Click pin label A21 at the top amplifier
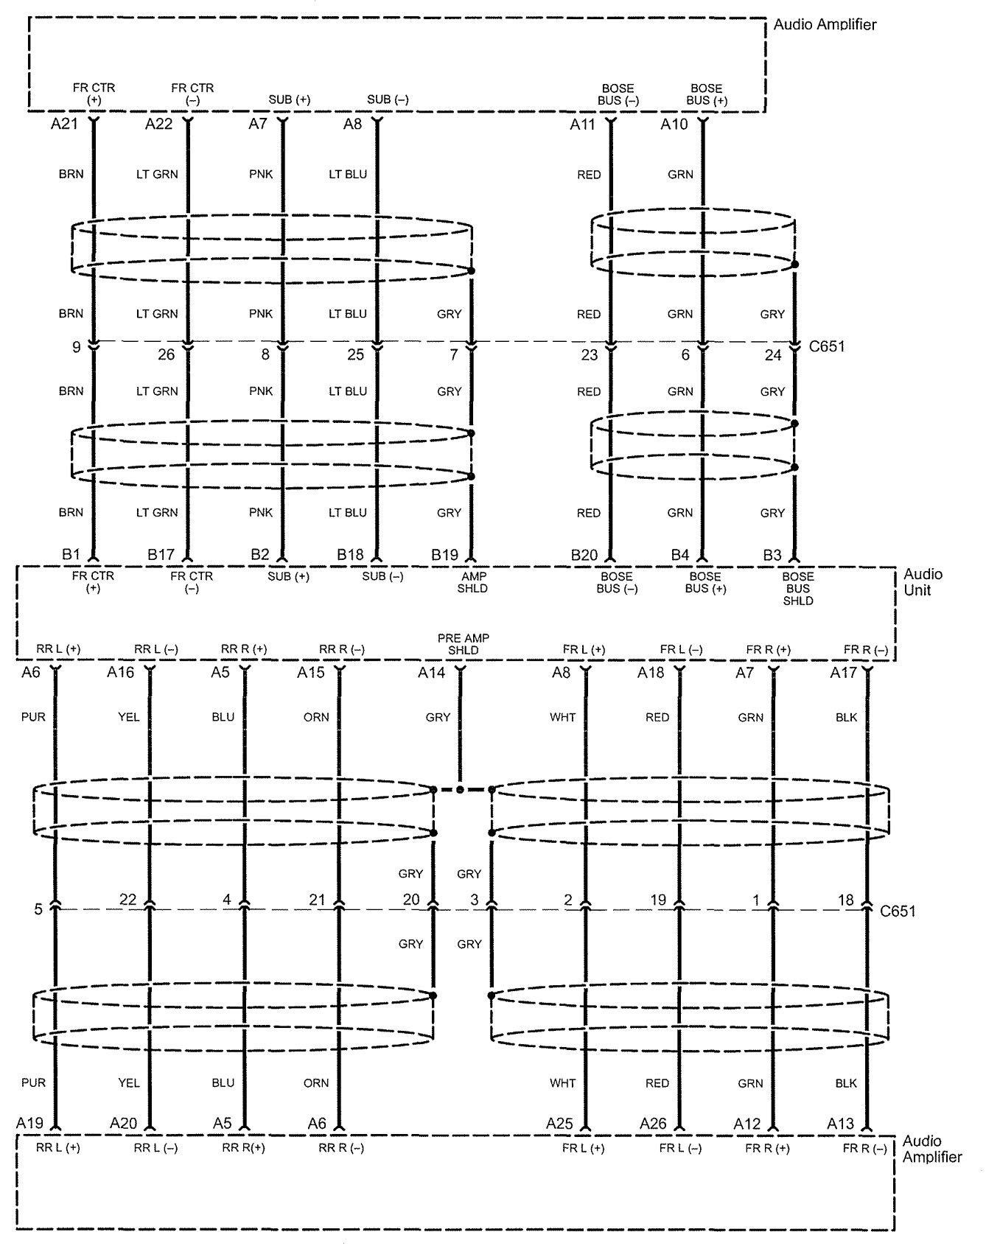click(64, 125)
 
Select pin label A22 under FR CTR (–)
click(158, 125)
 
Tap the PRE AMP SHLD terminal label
click(463, 644)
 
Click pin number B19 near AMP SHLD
click(444, 555)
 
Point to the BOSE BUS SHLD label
click(798, 589)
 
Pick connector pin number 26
click(167, 355)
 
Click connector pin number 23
click(589, 355)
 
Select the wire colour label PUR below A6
click(33, 717)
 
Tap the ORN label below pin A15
click(316, 717)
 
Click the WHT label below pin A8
click(562, 717)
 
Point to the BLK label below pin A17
click(846, 717)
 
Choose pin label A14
click(432, 672)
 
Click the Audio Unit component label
click(923, 582)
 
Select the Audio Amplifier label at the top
click(825, 24)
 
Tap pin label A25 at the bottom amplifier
click(560, 1124)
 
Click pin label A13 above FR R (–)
click(841, 1124)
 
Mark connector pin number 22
click(127, 899)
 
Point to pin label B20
click(584, 555)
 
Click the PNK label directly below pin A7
click(261, 175)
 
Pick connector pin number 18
click(845, 899)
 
